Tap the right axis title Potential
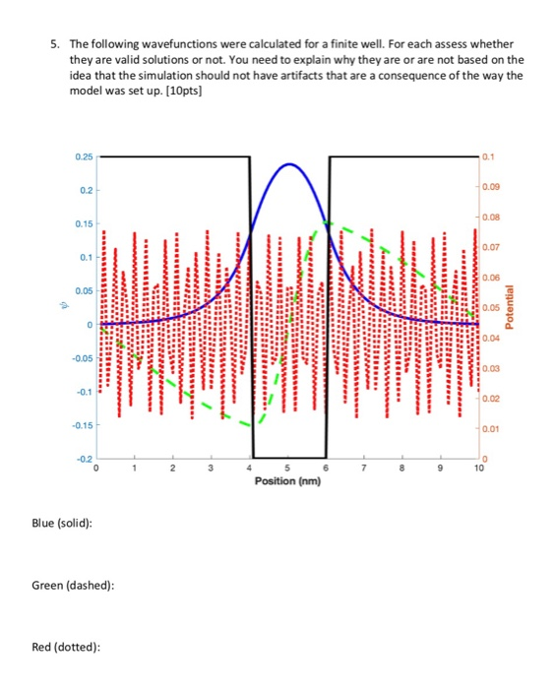[510, 307]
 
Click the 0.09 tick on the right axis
[492, 183]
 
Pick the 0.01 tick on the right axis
[492, 430]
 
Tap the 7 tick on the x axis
[364, 469]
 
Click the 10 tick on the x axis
[479, 469]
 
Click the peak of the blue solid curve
[288, 163]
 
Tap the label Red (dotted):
[65, 647]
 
